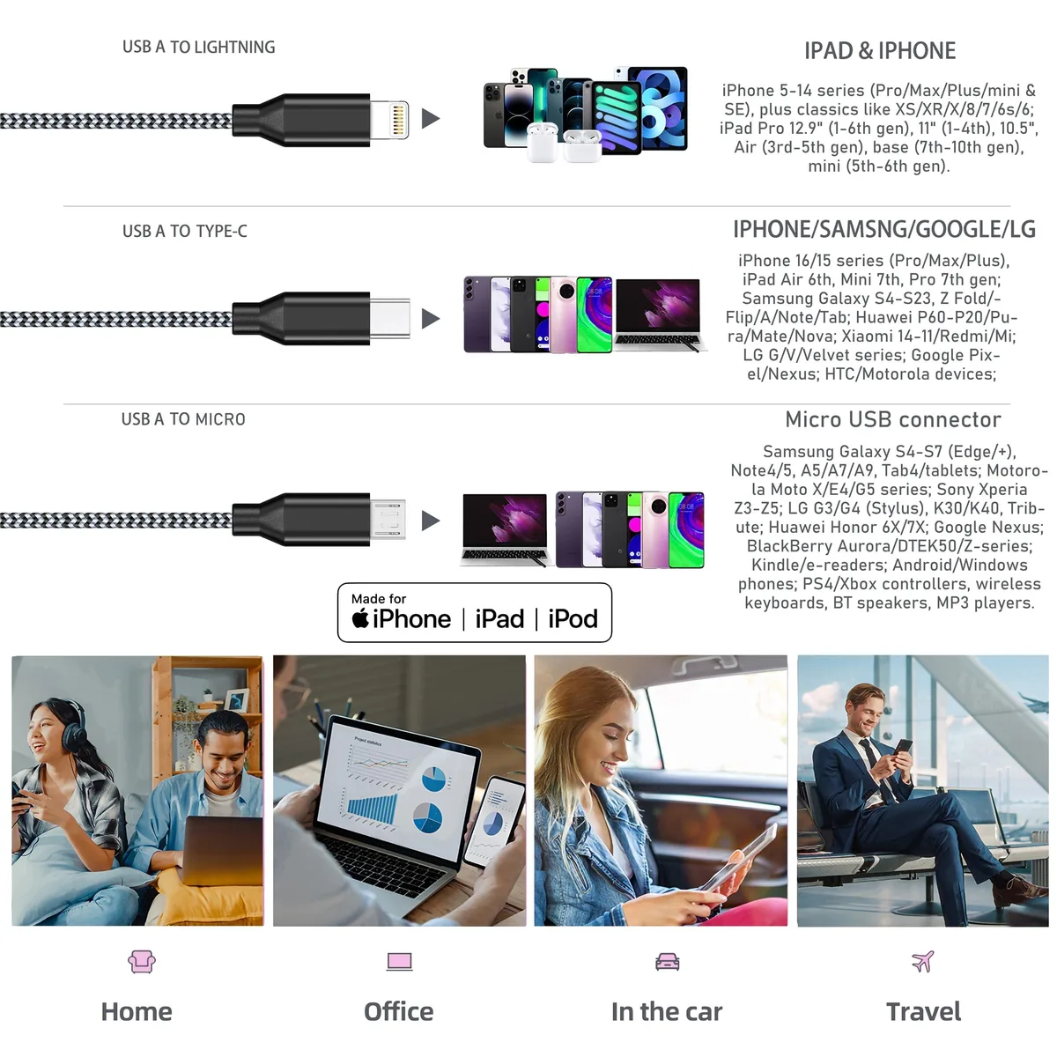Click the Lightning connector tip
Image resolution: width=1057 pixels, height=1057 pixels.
pyautogui.click(x=389, y=120)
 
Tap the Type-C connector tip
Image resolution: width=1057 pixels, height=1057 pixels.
pyautogui.click(x=390, y=319)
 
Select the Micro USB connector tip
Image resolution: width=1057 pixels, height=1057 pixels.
pyautogui.click(x=388, y=519)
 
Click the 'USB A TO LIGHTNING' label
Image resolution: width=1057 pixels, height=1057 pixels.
pyautogui.click(x=198, y=48)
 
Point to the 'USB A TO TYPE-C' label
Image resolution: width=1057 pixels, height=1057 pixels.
pyautogui.click(x=185, y=231)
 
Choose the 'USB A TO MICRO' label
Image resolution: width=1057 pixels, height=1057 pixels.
pyautogui.click(x=183, y=419)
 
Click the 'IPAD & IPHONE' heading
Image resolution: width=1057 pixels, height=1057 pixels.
pyautogui.click(x=880, y=51)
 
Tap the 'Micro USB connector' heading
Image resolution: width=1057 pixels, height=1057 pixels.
pyautogui.click(x=893, y=419)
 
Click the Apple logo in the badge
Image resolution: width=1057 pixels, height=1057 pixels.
pyautogui.click(x=360, y=618)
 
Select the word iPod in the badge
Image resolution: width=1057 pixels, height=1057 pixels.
pyautogui.click(x=573, y=618)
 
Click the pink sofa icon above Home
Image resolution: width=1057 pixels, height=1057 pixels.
pyautogui.click(x=142, y=962)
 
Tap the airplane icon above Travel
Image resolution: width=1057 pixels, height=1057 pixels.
pyautogui.click(x=922, y=961)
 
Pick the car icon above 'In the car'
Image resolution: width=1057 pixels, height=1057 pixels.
pyautogui.click(x=667, y=962)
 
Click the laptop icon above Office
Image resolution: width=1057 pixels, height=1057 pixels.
pyautogui.click(x=399, y=962)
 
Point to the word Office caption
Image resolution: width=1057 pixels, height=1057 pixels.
pyautogui.click(x=399, y=1011)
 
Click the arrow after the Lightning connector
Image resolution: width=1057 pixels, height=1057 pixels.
pyautogui.click(x=431, y=119)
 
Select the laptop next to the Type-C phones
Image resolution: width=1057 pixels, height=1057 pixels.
pyautogui.click(x=660, y=314)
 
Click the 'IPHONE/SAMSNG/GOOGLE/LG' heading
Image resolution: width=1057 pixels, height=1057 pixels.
pyautogui.click(x=884, y=229)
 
